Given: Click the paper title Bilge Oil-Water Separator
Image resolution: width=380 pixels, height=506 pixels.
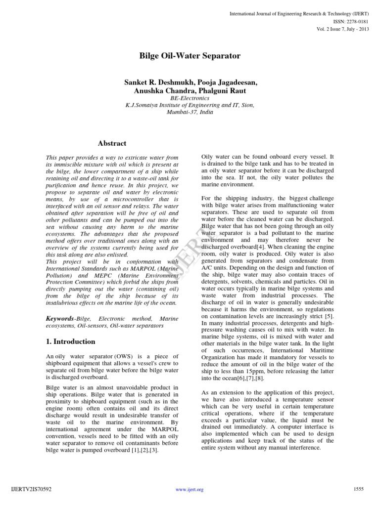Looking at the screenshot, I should click(x=190, y=56).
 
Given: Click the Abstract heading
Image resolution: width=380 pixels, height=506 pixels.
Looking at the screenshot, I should click(x=112, y=143).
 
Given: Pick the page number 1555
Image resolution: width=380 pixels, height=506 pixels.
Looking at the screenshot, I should click(x=358, y=489).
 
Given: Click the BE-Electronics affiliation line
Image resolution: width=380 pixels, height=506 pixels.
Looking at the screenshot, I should click(x=190, y=98).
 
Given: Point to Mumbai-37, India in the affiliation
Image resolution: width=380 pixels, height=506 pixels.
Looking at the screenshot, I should click(x=190, y=112).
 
